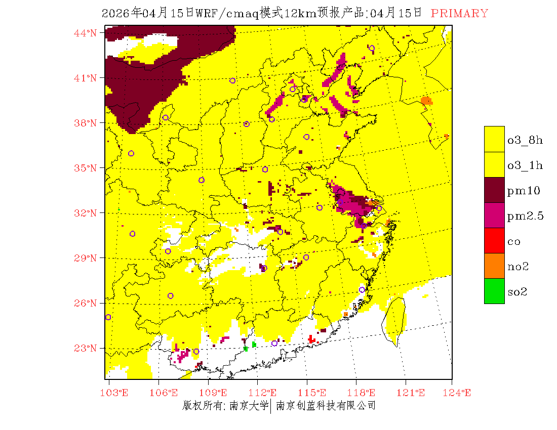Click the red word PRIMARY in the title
(x=459, y=14)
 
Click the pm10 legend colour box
(x=494, y=190)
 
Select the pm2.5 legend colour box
(x=494, y=215)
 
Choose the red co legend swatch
(x=494, y=240)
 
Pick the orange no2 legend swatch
(x=494, y=266)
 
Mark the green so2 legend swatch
(x=494, y=291)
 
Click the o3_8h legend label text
(x=525, y=140)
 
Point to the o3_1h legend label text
(x=525, y=165)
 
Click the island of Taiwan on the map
(x=396, y=319)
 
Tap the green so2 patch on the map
(x=254, y=345)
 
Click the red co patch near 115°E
(x=311, y=339)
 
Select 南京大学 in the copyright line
(x=249, y=406)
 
